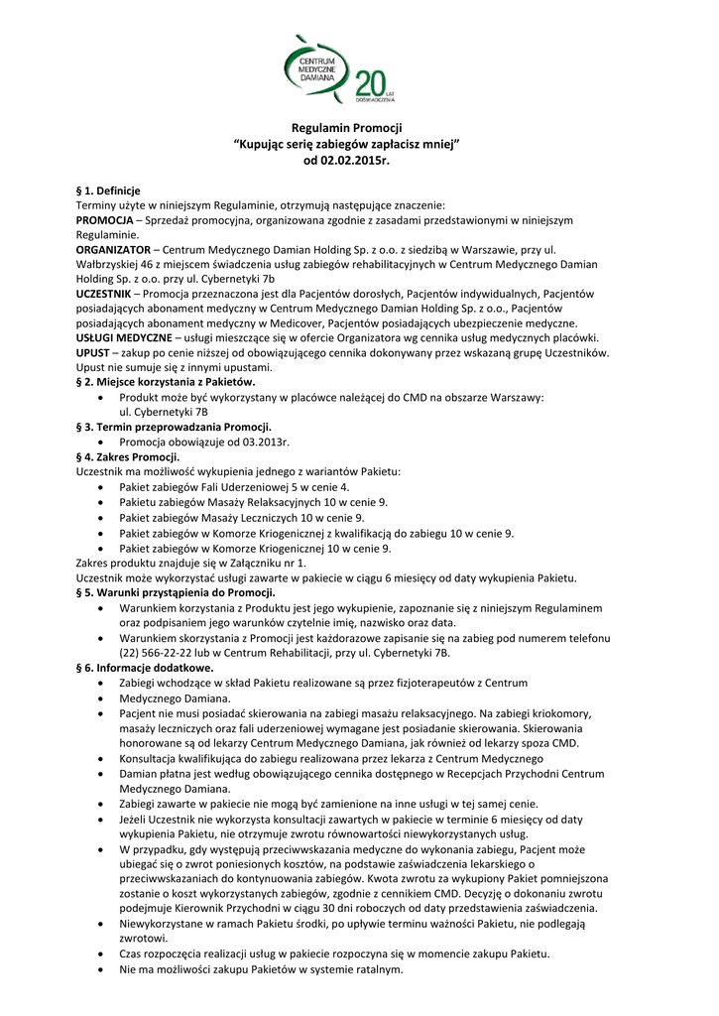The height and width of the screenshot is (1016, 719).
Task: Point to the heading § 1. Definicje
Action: pos(108,190)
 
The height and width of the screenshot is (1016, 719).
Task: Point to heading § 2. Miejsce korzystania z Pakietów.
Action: pos(166,382)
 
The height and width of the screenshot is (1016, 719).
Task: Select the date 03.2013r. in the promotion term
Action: pos(266,441)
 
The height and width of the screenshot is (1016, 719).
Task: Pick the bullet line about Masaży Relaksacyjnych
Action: pos(253,503)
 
